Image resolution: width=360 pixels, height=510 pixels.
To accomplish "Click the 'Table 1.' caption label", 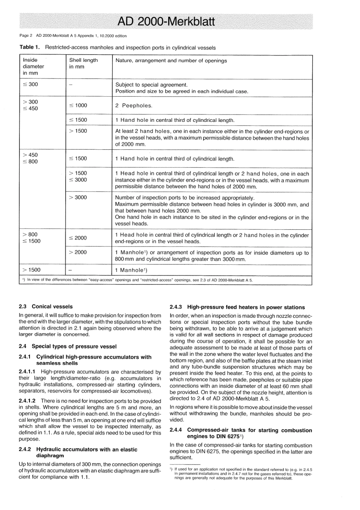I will pos(30,48).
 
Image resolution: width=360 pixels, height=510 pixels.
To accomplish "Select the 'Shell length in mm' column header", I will pos(83,63).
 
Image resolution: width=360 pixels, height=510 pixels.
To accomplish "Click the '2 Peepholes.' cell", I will pos(134,106).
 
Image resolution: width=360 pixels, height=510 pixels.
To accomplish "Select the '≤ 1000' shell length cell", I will pos(78,105).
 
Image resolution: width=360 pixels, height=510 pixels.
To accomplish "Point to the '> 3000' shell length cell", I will pos(78,197).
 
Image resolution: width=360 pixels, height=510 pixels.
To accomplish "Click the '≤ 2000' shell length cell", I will pos(78,238).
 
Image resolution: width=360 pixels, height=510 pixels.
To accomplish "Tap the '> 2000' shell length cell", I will pos(78,252).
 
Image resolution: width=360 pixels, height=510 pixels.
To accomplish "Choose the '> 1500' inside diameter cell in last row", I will pos(31,270).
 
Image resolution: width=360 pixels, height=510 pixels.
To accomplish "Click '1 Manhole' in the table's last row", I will pos(131,270).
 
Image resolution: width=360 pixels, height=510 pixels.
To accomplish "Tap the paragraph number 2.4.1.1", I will pos(28,372).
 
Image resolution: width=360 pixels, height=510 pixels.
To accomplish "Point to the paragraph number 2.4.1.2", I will pos(28,401).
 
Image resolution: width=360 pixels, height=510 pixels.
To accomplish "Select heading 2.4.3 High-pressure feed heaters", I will pos(237,307).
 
